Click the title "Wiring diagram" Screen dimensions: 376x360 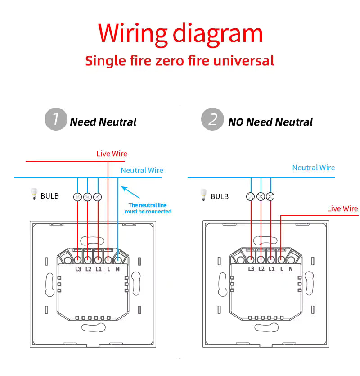point(180,34)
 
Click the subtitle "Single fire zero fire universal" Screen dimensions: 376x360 point(180,60)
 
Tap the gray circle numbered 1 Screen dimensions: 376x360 point(56,119)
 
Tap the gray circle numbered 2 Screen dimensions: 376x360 point(212,119)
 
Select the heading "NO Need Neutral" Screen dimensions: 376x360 point(270,122)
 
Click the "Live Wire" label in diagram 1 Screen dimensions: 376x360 point(112,154)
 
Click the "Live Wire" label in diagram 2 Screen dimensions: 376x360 point(342,208)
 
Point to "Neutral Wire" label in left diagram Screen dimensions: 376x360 point(142,170)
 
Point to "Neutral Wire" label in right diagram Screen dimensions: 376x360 point(314,168)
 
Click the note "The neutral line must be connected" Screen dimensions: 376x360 point(148,208)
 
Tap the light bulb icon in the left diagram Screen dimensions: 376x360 point(33,195)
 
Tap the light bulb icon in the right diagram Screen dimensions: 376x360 point(203,195)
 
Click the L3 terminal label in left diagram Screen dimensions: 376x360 point(78,269)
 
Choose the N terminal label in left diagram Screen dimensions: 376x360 point(118,269)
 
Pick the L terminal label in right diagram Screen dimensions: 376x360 point(281,269)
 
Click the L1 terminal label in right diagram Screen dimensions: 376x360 point(271,269)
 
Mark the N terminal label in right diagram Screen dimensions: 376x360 point(291,269)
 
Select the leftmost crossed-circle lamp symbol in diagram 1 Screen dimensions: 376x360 point(78,197)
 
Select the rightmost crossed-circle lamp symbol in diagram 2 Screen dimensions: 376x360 point(270,197)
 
